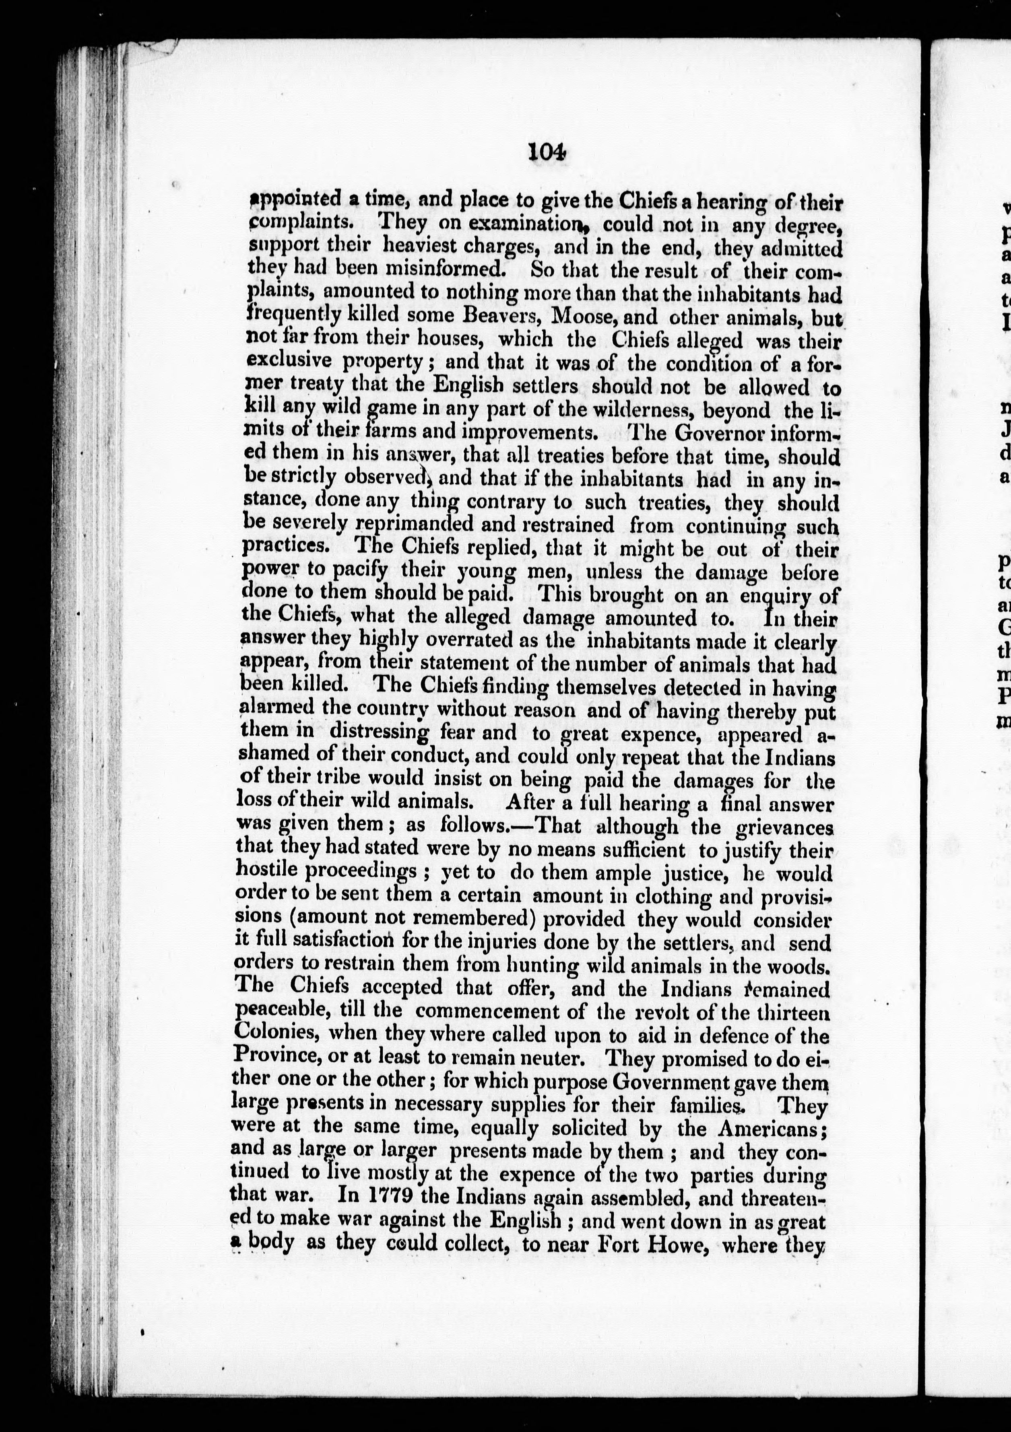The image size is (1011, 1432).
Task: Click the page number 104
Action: point(547,152)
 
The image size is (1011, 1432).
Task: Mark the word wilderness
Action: point(630,411)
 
